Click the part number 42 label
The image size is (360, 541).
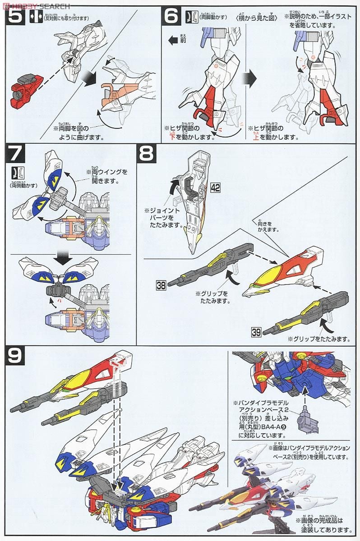click(x=215, y=187)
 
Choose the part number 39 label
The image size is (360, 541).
click(x=256, y=332)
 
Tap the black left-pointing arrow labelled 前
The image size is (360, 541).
click(x=173, y=41)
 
